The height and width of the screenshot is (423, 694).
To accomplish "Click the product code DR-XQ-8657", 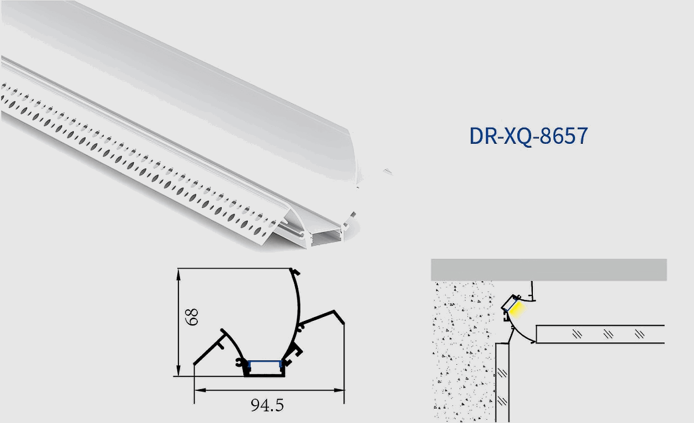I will point(528,136).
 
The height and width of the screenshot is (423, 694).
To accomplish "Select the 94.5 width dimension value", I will point(267,405).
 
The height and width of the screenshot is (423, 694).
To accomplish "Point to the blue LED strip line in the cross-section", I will point(265,361).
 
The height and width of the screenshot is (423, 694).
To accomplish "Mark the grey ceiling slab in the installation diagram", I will point(548,269).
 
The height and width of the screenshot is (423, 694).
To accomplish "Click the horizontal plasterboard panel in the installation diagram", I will point(600,334).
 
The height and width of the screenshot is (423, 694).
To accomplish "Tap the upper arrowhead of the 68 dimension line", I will point(178,272).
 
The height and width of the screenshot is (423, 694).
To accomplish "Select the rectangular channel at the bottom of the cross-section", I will point(265,370).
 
